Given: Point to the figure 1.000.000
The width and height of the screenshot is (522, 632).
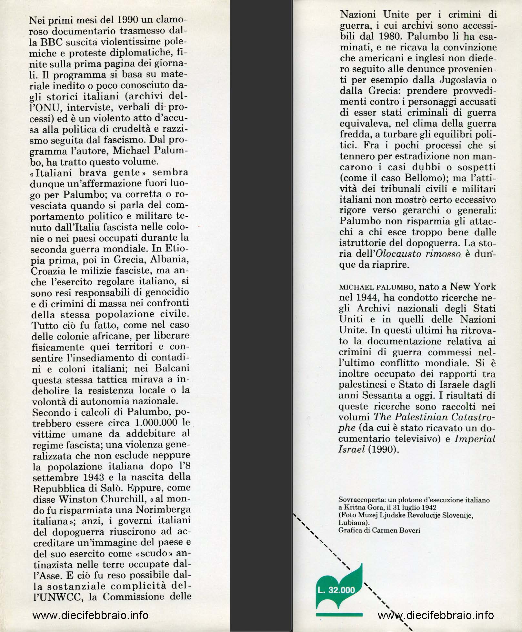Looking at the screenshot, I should pos(156,423).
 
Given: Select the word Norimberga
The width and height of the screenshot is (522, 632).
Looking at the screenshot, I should pos(165,510).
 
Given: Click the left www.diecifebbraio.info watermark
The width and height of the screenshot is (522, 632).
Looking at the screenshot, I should pos(90,615).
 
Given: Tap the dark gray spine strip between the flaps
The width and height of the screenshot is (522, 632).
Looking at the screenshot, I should pos(261,316).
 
